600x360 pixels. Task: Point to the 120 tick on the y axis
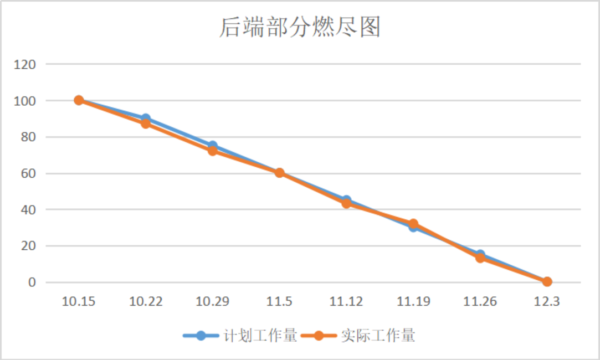(x=25, y=64)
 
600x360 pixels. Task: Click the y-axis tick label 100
(x=25, y=101)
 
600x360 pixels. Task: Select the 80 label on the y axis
(x=27, y=137)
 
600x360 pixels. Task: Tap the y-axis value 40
(x=27, y=209)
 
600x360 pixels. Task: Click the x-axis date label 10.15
(x=79, y=301)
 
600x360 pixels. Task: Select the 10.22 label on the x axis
(x=146, y=301)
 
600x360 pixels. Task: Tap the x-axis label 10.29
(x=213, y=301)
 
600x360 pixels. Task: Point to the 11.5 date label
(x=280, y=301)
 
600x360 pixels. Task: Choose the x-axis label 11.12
(x=346, y=301)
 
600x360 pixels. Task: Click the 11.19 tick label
(x=413, y=301)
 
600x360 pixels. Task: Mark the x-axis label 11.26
(x=480, y=301)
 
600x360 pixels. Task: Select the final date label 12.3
(x=547, y=301)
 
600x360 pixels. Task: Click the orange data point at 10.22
(x=146, y=124)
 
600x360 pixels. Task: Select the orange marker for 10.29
(x=213, y=151)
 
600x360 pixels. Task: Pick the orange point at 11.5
(x=280, y=173)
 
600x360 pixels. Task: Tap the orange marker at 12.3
(x=547, y=281)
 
